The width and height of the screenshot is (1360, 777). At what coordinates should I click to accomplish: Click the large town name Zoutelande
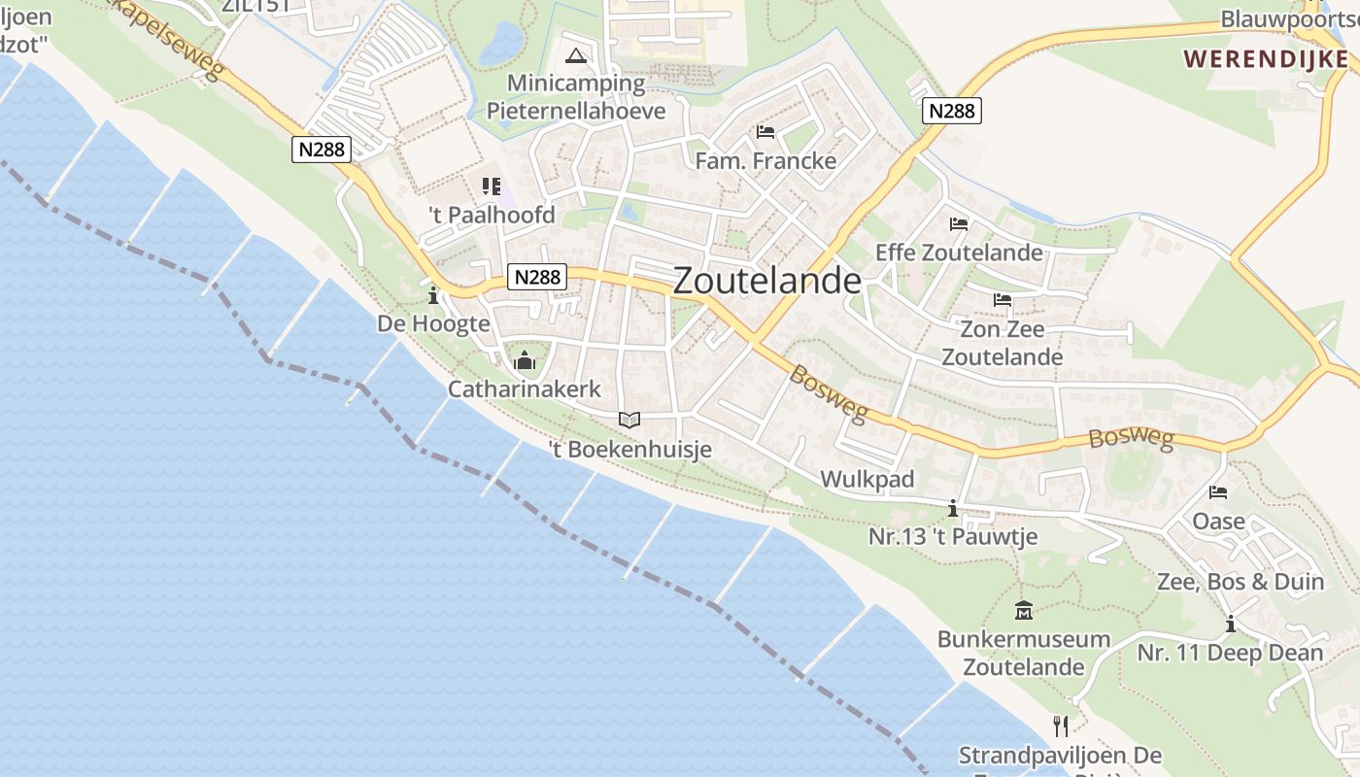pyautogui.click(x=766, y=281)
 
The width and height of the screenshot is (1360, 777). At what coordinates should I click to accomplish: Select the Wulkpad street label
pyautogui.click(x=867, y=479)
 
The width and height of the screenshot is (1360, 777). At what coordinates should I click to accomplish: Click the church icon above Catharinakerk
pyautogui.click(x=525, y=361)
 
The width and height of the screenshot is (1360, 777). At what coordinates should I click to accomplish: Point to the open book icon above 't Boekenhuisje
pyautogui.click(x=629, y=420)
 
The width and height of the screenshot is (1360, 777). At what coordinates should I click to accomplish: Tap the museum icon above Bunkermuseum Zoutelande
pyautogui.click(x=1023, y=611)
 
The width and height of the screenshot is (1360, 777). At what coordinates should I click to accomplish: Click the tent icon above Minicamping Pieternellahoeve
pyautogui.click(x=576, y=55)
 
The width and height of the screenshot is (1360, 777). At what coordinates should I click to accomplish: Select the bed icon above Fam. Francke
pyautogui.click(x=765, y=132)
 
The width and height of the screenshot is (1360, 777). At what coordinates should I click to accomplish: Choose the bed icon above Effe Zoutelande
pyautogui.click(x=959, y=224)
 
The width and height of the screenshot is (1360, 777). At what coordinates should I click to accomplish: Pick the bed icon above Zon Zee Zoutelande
pyautogui.click(x=1003, y=300)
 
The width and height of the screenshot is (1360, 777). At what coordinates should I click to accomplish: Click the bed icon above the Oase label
pyautogui.click(x=1218, y=492)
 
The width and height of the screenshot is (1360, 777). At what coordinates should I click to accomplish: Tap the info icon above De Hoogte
pyautogui.click(x=433, y=295)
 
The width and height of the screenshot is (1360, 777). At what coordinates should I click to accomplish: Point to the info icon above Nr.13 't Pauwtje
pyautogui.click(x=953, y=508)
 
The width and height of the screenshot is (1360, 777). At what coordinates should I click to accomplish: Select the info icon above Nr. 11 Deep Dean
pyautogui.click(x=1230, y=624)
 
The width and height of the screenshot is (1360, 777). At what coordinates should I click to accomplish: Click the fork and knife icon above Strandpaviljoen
pyautogui.click(x=1061, y=726)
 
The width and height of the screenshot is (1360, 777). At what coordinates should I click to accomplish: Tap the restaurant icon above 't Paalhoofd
pyautogui.click(x=492, y=186)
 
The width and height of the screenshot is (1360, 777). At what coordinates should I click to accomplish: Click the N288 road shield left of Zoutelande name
pyautogui.click(x=537, y=277)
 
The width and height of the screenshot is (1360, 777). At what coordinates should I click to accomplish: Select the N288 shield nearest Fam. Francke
pyautogui.click(x=951, y=111)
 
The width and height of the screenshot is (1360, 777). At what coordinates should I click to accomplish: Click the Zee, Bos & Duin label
pyautogui.click(x=1241, y=582)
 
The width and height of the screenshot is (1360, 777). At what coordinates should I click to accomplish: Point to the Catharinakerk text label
pyautogui.click(x=525, y=389)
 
